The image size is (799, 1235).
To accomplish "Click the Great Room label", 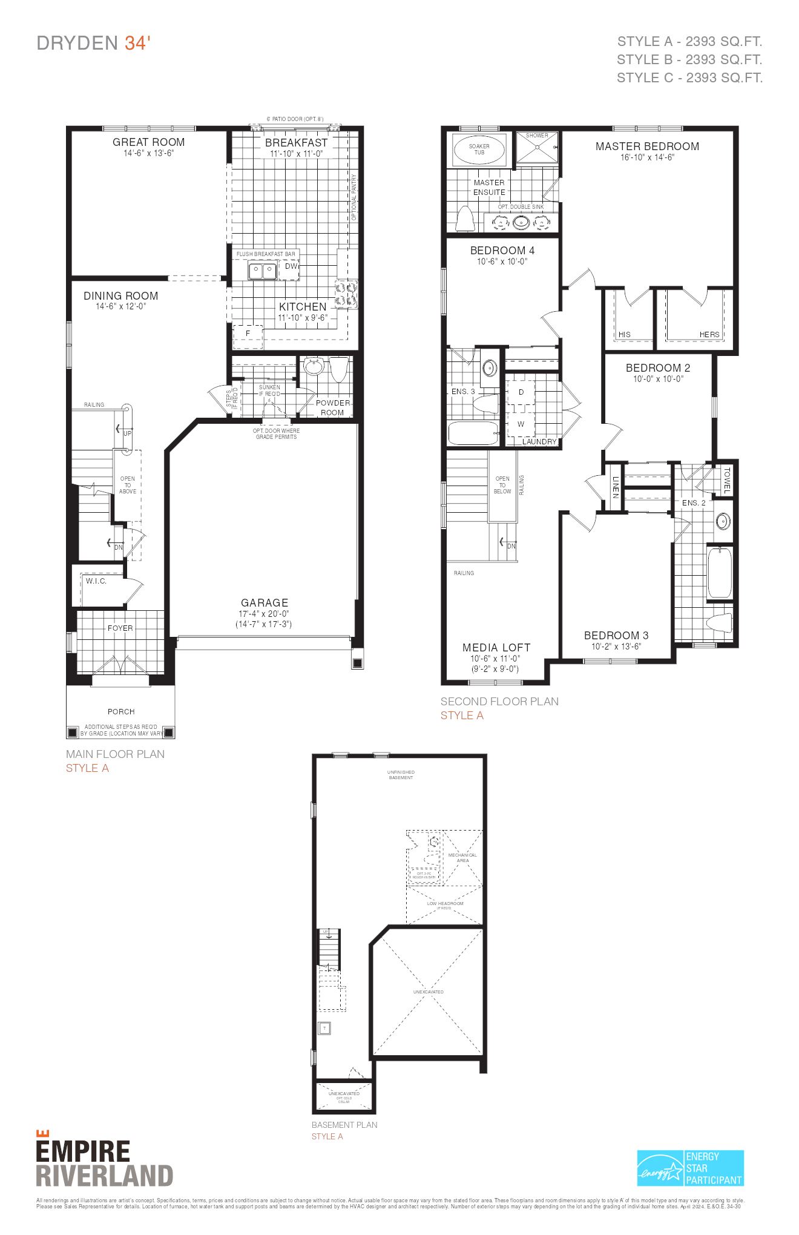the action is coord(148,142).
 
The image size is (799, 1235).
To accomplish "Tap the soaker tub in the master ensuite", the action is coord(479,150).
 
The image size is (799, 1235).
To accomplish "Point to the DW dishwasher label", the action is coord(291,266).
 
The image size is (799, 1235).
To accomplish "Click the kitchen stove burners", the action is coord(347,294).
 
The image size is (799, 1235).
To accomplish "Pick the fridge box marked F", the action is coord(248,334).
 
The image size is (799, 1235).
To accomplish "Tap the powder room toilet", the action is coord(338,369).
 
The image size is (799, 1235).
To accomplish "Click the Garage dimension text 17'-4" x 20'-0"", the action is coord(265,613).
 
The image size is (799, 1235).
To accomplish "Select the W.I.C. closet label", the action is coord(96,581).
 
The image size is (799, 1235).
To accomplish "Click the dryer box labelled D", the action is coord(521,392).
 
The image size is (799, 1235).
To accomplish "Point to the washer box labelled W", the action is coord(521,424).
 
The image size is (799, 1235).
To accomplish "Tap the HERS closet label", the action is coord(709,334).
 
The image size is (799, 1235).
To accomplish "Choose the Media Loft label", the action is coord(496,647).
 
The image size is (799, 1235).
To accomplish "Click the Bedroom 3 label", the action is coord(616,635).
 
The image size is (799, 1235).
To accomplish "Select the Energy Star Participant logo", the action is coord(690,1168).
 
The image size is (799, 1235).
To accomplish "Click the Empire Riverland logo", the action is coord(104,1163).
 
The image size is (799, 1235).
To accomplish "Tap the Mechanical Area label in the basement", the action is coord(462,858).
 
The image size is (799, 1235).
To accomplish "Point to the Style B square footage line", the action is coord(689,59).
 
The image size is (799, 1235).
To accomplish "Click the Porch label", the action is coord(121,711).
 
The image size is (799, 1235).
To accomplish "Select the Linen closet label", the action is coord(615,487).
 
